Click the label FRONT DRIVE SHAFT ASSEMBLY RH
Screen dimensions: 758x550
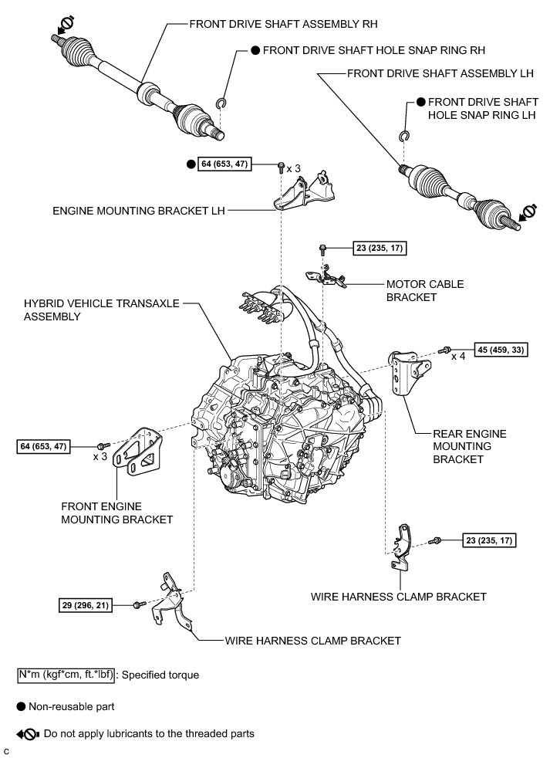[285, 24]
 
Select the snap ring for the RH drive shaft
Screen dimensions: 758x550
[220, 105]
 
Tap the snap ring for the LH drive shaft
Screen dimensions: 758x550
[403, 137]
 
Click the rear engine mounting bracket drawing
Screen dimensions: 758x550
[404, 374]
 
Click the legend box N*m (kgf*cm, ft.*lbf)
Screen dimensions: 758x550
[67, 675]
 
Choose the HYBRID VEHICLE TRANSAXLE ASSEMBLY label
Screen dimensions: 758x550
[100, 310]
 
